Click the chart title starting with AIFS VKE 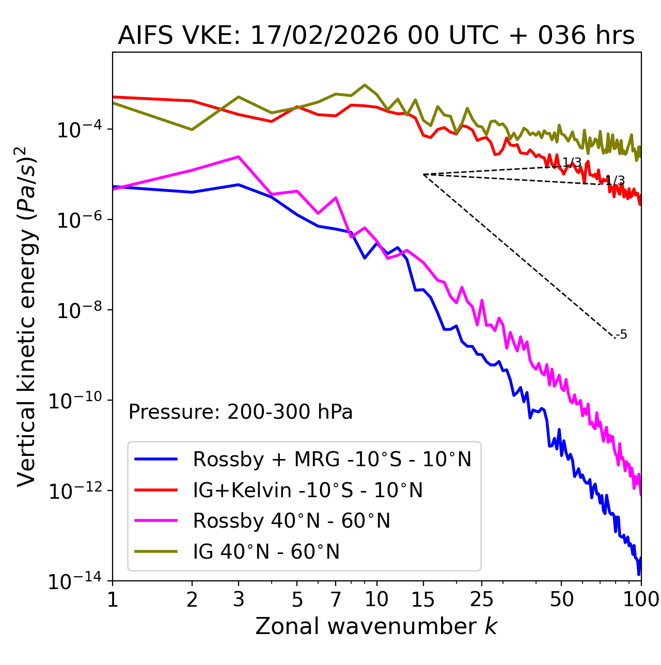tap(376, 36)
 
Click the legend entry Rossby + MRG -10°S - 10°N tap(332, 459)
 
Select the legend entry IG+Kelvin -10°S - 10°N tap(308, 490)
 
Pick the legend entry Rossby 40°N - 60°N tap(291, 521)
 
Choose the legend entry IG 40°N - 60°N tap(266, 552)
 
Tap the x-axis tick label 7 tap(336, 599)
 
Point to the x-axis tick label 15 tap(423, 599)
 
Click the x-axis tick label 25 tap(481, 599)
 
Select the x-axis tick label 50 tap(561, 599)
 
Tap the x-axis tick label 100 tap(640, 599)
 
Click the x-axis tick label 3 tap(238, 599)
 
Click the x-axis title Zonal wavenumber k tap(376, 626)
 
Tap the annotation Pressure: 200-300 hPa tap(240, 412)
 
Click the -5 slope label tap(622, 335)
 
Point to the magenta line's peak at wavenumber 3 tap(238, 156)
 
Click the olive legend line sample tap(156, 552)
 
